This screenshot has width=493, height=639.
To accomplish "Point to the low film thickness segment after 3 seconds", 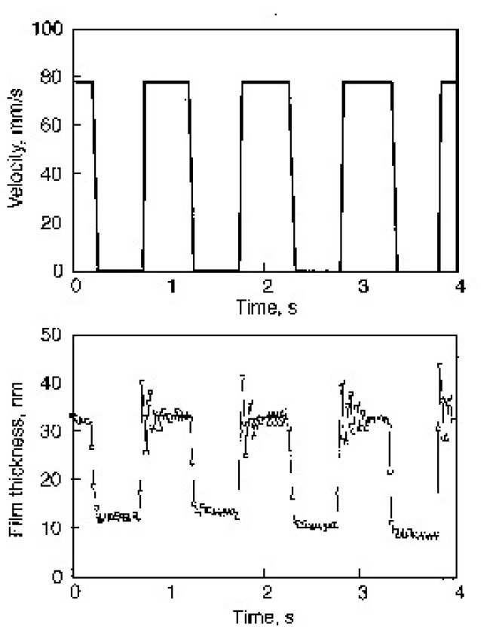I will click(415, 534).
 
